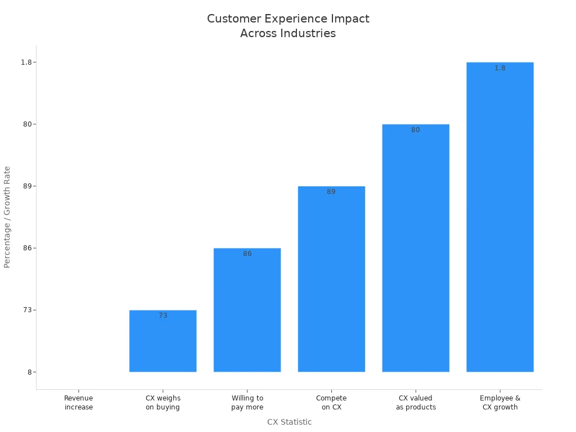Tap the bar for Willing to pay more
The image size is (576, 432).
point(247,310)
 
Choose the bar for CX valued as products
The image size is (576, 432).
point(416,248)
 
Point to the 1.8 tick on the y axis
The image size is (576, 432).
point(26,62)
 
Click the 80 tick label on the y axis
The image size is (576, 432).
point(26,124)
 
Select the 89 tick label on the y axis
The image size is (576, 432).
point(26,186)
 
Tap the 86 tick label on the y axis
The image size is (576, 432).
point(26,248)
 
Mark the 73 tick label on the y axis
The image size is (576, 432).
point(26,310)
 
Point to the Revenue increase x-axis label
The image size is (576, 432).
point(79,403)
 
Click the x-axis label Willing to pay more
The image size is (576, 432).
point(247,403)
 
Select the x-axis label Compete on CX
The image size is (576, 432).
point(331,403)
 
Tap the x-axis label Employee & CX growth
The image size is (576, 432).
point(500,403)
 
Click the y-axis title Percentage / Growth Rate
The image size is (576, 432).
point(7,217)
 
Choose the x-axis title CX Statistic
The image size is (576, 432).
point(289,422)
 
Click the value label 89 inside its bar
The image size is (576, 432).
point(331,192)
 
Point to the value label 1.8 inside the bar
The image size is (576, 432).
point(500,68)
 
